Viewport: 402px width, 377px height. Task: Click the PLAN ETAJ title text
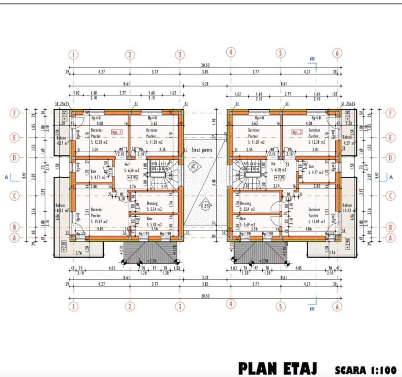pyautogui.click(x=277, y=368)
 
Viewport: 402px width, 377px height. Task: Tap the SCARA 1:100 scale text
pyautogui.click(x=365, y=370)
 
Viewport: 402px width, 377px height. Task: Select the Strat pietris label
pyautogui.click(x=202, y=150)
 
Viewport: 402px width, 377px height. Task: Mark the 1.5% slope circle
pyautogui.click(x=205, y=206)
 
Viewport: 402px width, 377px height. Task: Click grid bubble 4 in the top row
pyautogui.click(x=231, y=52)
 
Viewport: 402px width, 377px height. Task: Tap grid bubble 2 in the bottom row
pyautogui.click(x=130, y=307)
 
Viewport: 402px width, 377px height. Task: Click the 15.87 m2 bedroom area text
pyautogui.click(x=99, y=222)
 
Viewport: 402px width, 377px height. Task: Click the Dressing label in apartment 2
pyautogui.click(x=246, y=203)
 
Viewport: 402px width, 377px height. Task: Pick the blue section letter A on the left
pyautogui.click(x=6, y=178)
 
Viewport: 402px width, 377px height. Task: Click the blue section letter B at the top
pyautogui.click(x=312, y=59)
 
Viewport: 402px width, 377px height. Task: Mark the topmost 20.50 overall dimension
pyautogui.click(x=205, y=65)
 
